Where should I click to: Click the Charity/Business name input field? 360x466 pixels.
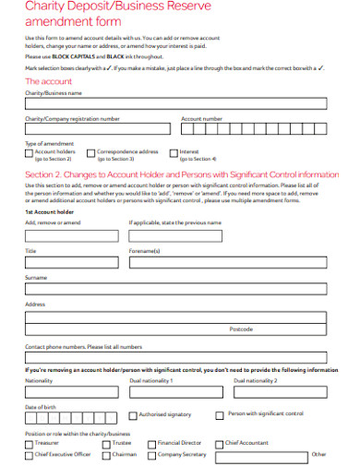tap(175, 104)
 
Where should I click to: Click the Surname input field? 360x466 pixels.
tap(175, 289)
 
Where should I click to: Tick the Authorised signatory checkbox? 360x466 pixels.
tap(133, 415)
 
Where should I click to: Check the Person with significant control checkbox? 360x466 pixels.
tap(220, 415)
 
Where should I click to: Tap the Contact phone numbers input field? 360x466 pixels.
tap(175, 357)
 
